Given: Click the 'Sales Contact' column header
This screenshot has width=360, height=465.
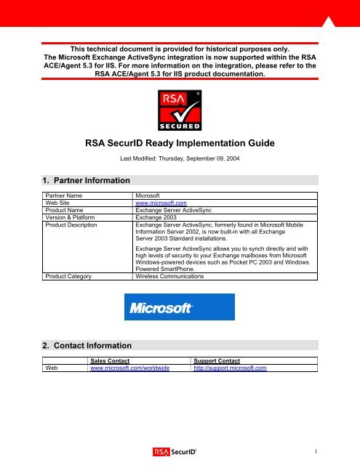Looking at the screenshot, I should pos(113,360).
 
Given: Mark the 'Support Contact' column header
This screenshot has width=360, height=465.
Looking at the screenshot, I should pos(218,360).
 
